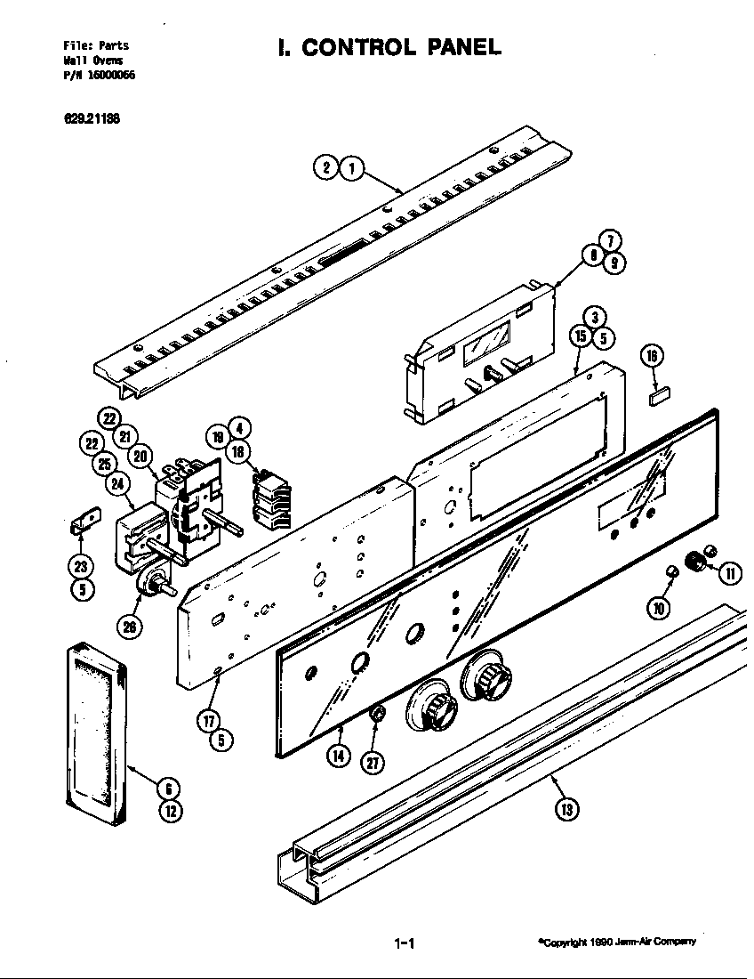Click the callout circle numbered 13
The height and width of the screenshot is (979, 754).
tap(566, 808)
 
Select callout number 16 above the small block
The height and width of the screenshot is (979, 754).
tap(653, 357)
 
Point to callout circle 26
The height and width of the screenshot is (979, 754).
tap(130, 627)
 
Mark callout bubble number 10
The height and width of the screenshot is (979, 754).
tap(658, 608)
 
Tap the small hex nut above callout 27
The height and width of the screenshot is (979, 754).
tap(377, 714)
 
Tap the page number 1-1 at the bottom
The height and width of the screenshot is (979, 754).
tap(405, 943)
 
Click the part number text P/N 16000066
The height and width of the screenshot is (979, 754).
tap(99, 76)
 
